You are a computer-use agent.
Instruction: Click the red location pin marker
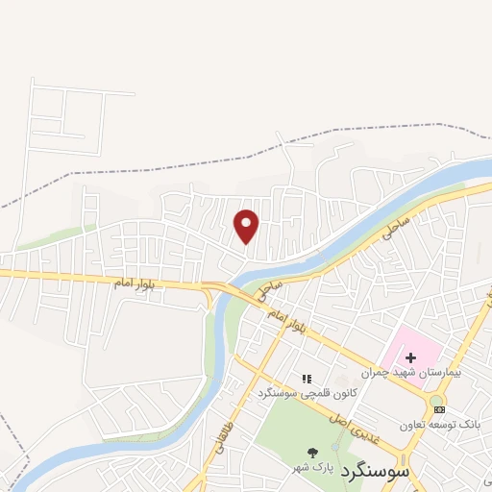[x=247, y=225]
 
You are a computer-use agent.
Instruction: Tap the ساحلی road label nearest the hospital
[x=398, y=229]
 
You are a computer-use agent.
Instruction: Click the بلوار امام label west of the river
[x=134, y=284]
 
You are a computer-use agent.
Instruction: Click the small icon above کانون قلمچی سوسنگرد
[x=307, y=381]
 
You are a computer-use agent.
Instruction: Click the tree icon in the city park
[x=312, y=453]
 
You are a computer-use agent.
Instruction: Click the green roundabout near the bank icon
[x=436, y=400]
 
